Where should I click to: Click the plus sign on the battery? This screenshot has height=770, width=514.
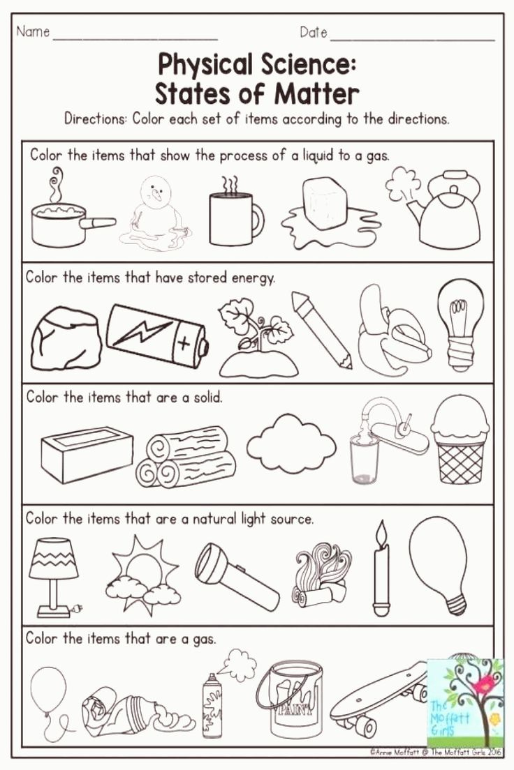click(x=184, y=343)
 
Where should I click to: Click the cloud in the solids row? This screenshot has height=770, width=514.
click(x=291, y=444)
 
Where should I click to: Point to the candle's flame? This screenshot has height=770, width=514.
click(x=381, y=534)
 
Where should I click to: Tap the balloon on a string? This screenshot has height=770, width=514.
click(x=48, y=690)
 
